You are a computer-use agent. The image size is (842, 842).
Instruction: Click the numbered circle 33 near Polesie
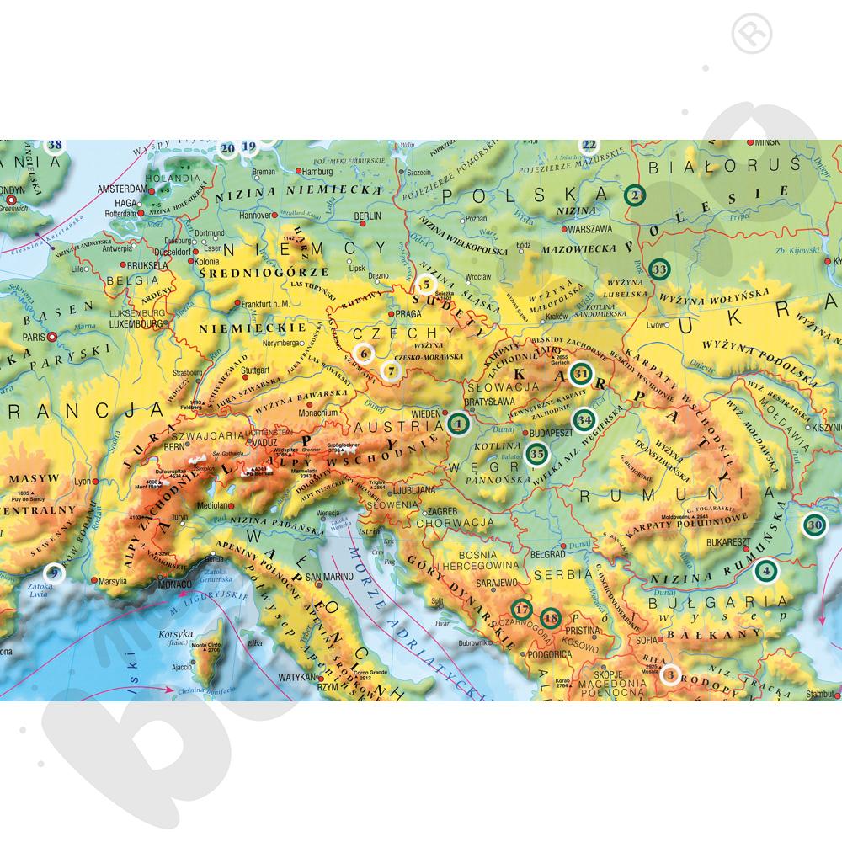coord(659,269)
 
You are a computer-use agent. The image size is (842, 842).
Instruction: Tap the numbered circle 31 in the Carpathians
coord(582,373)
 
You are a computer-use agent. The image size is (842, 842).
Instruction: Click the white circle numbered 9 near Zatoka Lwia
coord(53,573)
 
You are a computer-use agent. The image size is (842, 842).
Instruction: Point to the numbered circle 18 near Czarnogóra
coord(551,619)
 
